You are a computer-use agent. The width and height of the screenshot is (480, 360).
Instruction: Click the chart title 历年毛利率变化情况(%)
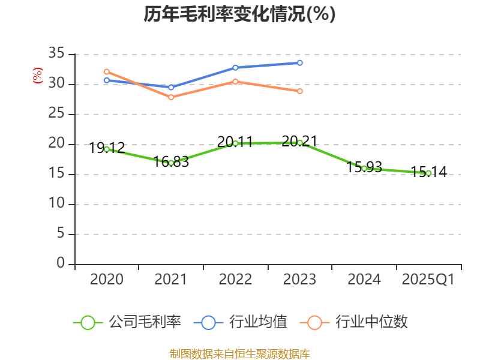coord(239,14)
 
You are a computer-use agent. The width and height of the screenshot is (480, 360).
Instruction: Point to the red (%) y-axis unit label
coord(38,76)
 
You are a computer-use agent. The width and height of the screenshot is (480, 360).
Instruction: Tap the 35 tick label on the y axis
coord(56,54)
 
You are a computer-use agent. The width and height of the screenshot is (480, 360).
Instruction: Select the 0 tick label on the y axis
coord(60,263)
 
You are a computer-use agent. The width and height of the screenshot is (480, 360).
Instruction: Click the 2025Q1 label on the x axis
coord(428,280)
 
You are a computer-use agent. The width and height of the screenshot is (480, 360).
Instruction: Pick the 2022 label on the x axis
coord(235,280)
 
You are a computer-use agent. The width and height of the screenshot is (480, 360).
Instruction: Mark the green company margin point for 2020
coord(107,149)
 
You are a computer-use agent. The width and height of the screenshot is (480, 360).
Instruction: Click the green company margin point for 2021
coord(171,163)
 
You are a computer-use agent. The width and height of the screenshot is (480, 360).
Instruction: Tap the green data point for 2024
coord(364,168)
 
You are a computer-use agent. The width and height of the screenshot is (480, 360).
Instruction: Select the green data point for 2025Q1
coord(428,173)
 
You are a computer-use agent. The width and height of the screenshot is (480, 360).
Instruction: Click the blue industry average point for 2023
coord(300,62)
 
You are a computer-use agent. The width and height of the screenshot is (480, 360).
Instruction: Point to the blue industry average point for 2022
coord(235,67)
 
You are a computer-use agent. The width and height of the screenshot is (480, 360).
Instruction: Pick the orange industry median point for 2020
coord(107,71)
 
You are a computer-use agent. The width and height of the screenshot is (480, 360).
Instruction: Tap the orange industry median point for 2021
coord(171,97)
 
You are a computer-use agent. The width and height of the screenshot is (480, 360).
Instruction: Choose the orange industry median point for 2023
coord(300,91)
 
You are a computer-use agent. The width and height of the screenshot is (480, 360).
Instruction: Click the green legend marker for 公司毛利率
coord(88,322)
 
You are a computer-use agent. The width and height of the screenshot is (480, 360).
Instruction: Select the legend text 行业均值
coord(258,322)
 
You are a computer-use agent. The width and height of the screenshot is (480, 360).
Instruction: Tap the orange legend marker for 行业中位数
coord(314,322)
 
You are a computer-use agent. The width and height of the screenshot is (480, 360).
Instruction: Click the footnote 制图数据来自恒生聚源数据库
coord(239,353)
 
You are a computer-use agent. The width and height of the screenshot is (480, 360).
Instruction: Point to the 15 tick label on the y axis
coord(56,174)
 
